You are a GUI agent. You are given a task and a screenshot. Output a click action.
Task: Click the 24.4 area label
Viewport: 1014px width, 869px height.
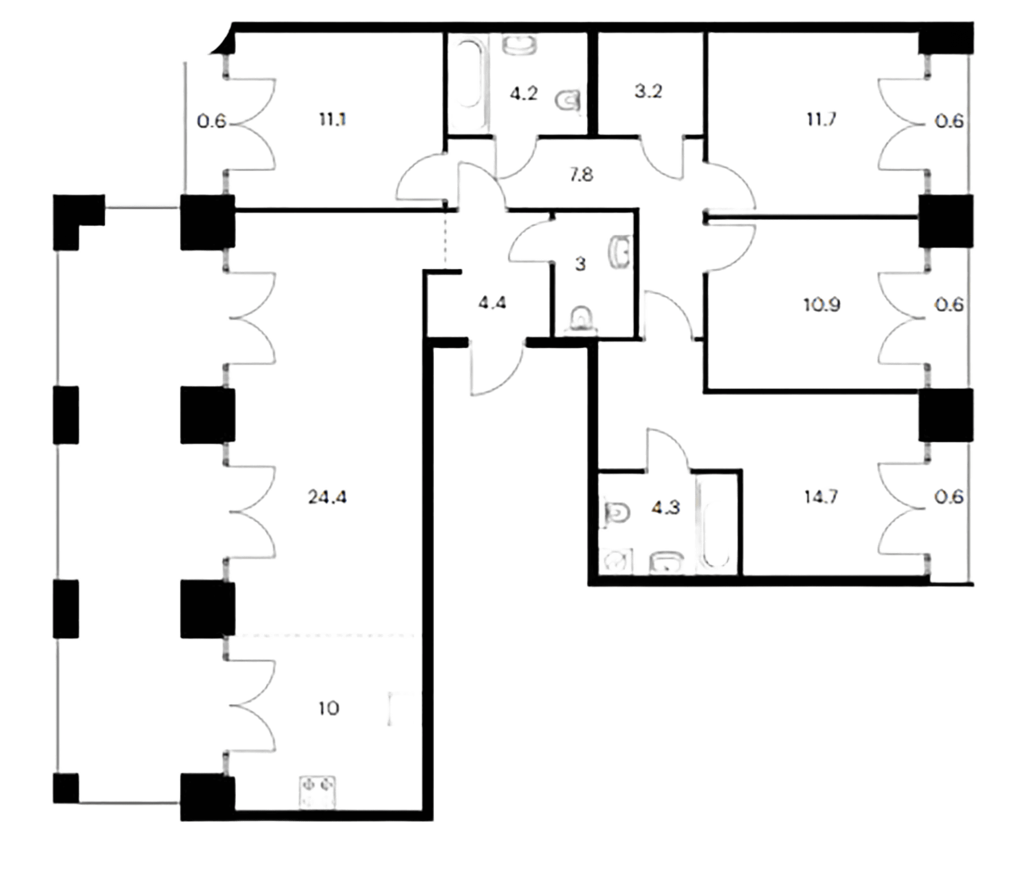coord(327,497)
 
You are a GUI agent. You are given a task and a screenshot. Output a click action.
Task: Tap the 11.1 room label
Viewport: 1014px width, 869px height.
coord(332,119)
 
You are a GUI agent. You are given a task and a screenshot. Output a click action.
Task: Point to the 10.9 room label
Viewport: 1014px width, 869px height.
coord(822,305)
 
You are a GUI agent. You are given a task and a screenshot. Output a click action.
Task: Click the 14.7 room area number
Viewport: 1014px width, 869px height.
coord(821,497)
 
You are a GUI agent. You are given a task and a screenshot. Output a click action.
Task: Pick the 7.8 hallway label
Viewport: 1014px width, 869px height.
coord(581,175)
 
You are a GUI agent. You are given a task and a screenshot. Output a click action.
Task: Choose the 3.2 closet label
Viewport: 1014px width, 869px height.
coord(648,92)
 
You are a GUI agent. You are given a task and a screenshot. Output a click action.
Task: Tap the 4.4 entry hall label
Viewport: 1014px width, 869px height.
coord(493,303)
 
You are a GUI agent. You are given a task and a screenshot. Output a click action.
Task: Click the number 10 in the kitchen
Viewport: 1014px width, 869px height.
coord(328,708)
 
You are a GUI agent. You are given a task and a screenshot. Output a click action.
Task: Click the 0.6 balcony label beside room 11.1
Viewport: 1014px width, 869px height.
coord(211,121)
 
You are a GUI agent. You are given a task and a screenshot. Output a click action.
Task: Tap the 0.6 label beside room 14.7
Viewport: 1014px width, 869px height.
coord(949,497)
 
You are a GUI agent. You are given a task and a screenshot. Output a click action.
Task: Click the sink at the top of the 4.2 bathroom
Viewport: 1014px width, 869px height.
coord(520,45)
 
